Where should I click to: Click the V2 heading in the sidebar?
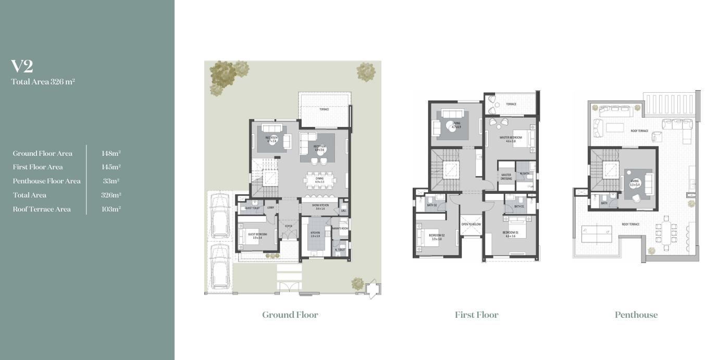pyautogui.click(x=22, y=66)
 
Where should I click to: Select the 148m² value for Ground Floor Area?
pyautogui.click(x=111, y=153)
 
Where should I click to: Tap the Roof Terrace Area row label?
pyautogui.click(x=42, y=209)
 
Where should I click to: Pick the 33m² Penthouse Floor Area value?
pyautogui.click(x=111, y=181)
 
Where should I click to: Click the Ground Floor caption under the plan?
pyautogui.click(x=290, y=315)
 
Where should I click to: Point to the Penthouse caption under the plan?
pyautogui.click(x=636, y=315)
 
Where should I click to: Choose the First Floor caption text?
pyautogui.click(x=476, y=315)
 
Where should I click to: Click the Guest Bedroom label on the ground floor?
pyautogui.click(x=257, y=235)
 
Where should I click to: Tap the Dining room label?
pyautogui.click(x=319, y=179)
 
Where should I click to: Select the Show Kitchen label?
pyautogui.click(x=319, y=206)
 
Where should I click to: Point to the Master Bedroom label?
pyautogui.click(x=511, y=138)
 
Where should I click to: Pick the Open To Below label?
pyautogui.click(x=471, y=224)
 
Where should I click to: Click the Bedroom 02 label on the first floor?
pyautogui.click(x=437, y=235)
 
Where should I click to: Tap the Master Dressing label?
pyautogui.click(x=506, y=176)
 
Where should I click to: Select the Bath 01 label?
pyautogui.click(x=519, y=206)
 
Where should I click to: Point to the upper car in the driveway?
pyautogui.click(x=218, y=216)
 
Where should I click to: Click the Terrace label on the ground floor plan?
pyautogui.click(x=324, y=109)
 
